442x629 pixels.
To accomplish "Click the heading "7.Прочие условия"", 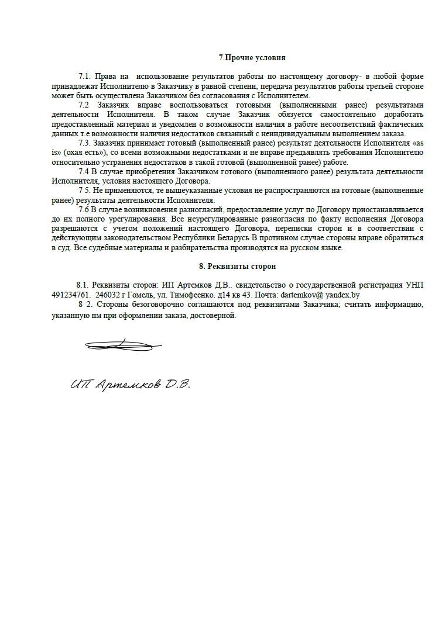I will tap(252, 58).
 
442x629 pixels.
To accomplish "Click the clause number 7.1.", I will tap(85, 77).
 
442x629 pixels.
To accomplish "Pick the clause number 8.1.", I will tap(84, 285).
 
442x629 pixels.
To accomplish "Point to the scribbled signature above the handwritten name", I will tap(119, 344).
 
